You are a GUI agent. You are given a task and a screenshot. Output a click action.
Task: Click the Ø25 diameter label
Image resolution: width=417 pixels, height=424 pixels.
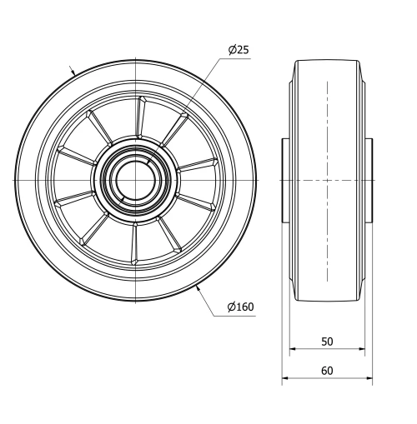pos(239,50)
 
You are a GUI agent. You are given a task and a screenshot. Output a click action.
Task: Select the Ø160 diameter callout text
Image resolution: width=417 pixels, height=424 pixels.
pos(240,308)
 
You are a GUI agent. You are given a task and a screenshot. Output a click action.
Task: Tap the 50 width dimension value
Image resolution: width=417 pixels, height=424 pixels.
pos(327,342)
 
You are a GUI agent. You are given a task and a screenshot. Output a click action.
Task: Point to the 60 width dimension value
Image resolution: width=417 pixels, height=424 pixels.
pos(327,371)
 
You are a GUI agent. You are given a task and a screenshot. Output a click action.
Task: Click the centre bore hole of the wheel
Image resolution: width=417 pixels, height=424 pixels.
pos(133,180)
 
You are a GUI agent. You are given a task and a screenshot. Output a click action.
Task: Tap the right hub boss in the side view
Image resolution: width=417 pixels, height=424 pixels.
pos(368,180)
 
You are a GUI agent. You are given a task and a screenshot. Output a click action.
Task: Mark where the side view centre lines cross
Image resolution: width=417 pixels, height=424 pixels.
pos(327,180)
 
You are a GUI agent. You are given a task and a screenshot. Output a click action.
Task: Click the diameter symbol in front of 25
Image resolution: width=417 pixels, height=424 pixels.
pos(232,50)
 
